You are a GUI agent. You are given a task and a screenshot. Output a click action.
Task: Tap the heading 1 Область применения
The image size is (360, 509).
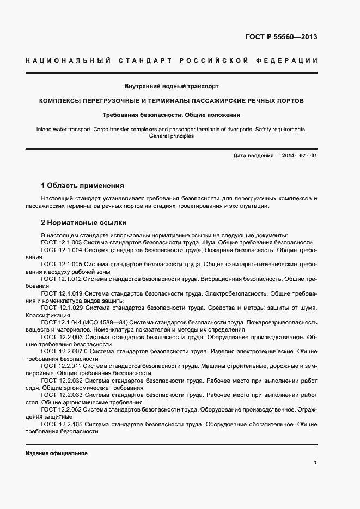83,186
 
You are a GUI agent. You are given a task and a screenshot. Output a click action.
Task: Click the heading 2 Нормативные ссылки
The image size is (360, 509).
84,223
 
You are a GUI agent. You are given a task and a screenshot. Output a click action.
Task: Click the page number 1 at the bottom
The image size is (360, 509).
315,462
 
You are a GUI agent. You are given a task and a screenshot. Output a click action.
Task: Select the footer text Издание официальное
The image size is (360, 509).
57,453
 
